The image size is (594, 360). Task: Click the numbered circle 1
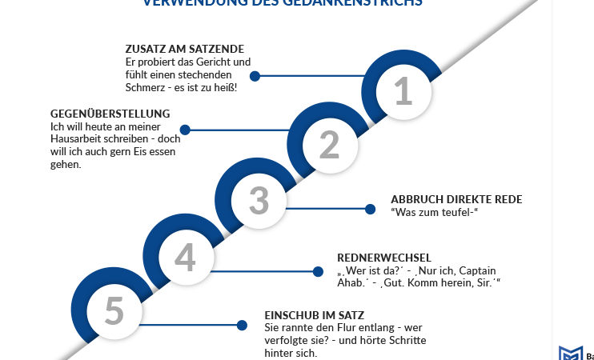point(403,90)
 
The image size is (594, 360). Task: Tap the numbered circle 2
point(329,145)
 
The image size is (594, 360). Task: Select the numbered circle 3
point(258,200)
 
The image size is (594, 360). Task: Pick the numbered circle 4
point(185,257)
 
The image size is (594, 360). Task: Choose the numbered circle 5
point(114,311)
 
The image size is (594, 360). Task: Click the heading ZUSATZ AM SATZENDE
point(184,49)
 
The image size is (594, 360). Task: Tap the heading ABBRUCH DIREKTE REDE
point(456,199)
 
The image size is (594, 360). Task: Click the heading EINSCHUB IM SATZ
point(315,315)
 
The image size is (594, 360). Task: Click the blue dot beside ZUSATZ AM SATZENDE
point(255,76)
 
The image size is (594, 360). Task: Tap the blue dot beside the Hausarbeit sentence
point(185,130)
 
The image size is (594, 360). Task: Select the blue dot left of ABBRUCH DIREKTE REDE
point(370,209)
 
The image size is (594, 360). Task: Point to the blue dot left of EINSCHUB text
point(242,325)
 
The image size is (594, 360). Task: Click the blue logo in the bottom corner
point(570,354)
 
